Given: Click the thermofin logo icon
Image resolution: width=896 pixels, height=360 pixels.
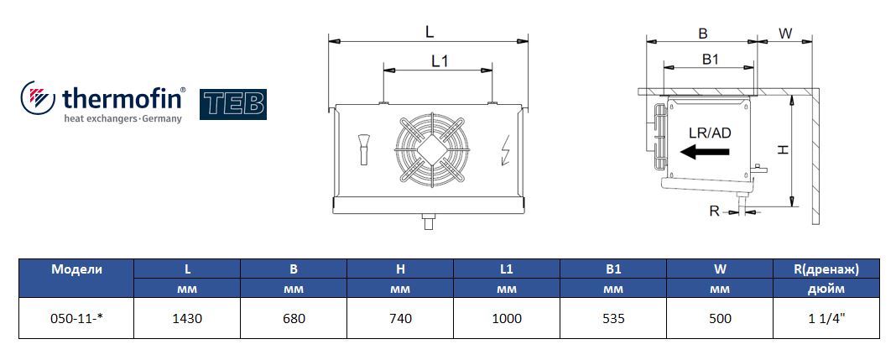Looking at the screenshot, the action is (38, 99).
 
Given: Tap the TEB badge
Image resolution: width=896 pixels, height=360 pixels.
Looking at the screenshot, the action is (233, 104).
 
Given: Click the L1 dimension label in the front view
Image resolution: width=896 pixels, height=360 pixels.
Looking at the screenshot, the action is (439, 60).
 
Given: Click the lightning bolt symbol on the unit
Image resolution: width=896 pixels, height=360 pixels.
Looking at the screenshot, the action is (505, 150).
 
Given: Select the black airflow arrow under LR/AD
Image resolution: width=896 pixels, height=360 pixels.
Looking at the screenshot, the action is (706, 152).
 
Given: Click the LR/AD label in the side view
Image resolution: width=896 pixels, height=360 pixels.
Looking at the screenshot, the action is (710, 133).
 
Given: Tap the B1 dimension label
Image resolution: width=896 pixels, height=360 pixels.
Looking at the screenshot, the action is (710, 60).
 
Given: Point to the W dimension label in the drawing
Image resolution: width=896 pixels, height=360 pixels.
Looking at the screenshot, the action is (786, 34).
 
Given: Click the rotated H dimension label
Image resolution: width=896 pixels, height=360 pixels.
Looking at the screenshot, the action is (783, 149).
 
